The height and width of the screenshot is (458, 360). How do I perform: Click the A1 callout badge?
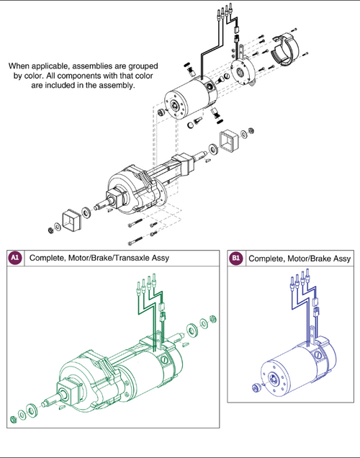click(15, 258)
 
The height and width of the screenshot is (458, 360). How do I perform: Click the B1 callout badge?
click(235, 258)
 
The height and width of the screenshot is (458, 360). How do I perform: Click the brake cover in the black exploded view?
click(287, 48)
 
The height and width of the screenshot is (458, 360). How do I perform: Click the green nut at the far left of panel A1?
click(14, 418)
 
